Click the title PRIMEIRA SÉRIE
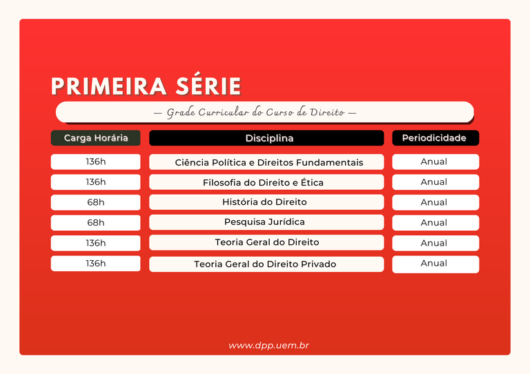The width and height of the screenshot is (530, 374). coord(146,86)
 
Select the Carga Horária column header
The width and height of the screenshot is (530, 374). coord(95,138)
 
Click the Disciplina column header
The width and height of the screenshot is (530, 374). coord(266,138)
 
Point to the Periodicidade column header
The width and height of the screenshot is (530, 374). coord(435,138)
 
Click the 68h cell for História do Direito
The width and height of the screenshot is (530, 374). coord(95,202)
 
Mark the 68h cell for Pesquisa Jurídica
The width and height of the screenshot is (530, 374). coord(95,222)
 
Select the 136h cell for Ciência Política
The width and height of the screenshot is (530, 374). coord(95,162)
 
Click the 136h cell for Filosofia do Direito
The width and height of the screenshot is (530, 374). coord(95,182)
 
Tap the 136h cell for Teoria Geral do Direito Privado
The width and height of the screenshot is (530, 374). coord(95,263)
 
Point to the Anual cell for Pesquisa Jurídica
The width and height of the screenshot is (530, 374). coord(435,222)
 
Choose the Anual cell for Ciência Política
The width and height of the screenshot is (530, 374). coord(435,162)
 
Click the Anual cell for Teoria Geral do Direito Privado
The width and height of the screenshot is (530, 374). coord(435,264)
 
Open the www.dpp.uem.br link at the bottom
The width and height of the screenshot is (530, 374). coord(268,345)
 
